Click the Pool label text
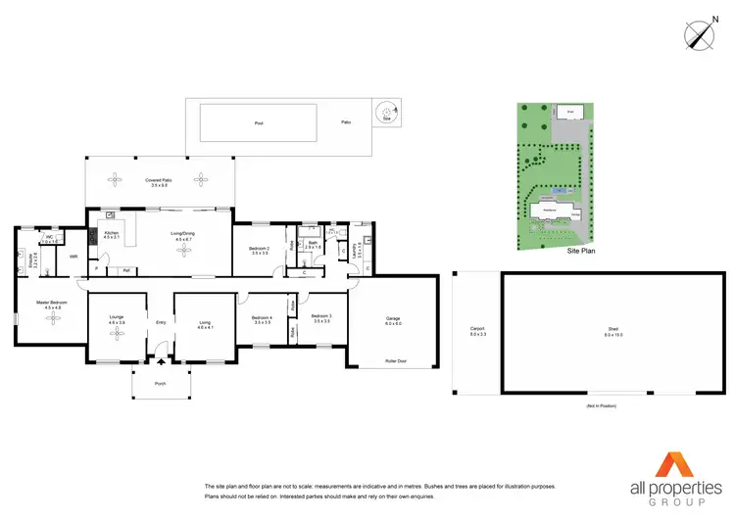[x=259, y=123]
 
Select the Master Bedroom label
[x=52, y=304]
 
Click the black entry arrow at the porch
[x=162, y=361]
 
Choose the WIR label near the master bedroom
[x=73, y=257]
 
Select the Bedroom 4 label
[x=261, y=318]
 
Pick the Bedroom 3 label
[x=322, y=316]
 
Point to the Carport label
[x=477, y=330]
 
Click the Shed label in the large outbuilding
[x=613, y=331]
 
